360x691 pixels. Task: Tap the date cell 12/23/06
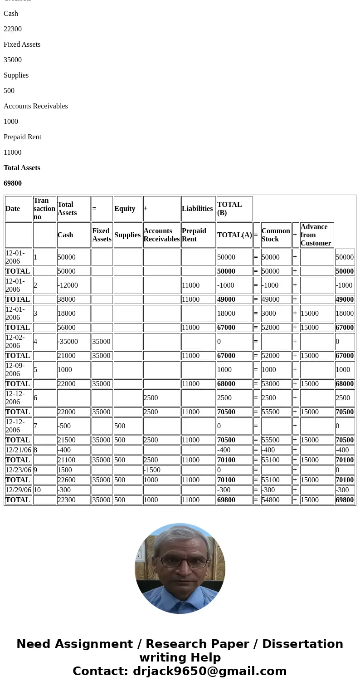click(19, 470)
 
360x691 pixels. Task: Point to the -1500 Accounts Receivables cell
click(152, 470)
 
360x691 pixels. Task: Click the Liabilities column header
click(197, 209)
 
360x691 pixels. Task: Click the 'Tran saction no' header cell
click(44, 209)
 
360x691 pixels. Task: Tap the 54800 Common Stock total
click(271, 500)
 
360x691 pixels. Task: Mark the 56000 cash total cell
click(67, 328)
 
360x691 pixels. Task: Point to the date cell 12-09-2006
click(15, 370)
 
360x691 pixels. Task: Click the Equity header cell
click(125, 209)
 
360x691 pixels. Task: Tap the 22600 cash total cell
click(67, 480)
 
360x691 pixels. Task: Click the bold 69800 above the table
click(13, 183)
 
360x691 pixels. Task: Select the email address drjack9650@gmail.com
click(209, 671)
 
